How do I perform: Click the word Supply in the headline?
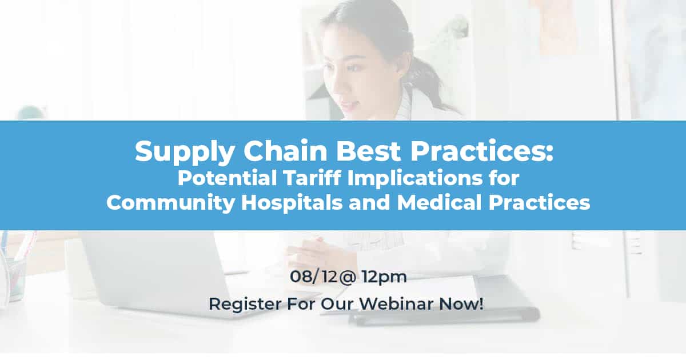coord(185,151)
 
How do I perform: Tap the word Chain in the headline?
coord(285,151)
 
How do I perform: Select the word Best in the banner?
coord(368,151)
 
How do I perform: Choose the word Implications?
coord(415,179)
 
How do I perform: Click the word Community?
coord(170,203)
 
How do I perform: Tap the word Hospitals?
coord(292,203)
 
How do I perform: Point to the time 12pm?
coord(384,278)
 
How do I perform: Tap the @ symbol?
coord(348,277)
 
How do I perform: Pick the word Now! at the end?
coord(461,303)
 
